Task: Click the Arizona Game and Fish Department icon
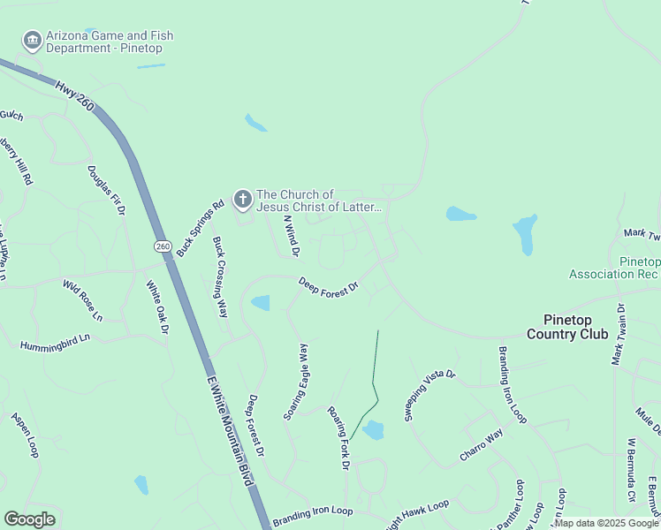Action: (x=33, y=40)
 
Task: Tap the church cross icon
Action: (x=242, y=200)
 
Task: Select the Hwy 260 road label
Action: (x=73, y=95)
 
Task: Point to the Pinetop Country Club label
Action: (x=567, y=326)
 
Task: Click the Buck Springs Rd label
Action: (x=201, y=228)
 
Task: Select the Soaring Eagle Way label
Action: (x=296, y=382)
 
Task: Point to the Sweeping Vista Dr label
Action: (x=429, y=395)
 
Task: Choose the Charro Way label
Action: (x=481, y=445)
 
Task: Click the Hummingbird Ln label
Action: (x=55, y=339)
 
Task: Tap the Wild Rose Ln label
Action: (x=82, y=301)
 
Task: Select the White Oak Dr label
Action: (x=157, y=307)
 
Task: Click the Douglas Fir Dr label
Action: (x=106, y=191)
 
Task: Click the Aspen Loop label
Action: (x=25, y=434)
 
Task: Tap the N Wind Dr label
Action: (x=292, y=237)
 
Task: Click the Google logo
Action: (x=30, y=519)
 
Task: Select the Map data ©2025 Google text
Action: (x=606, y=523)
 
